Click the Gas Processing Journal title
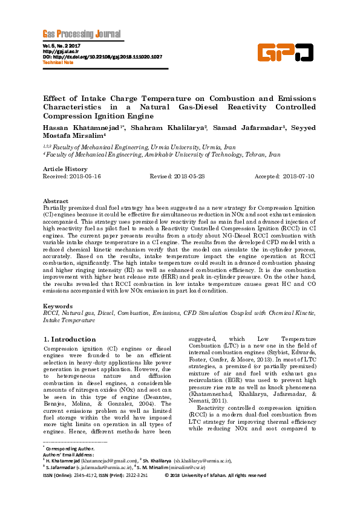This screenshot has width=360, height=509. (x=81, y=34)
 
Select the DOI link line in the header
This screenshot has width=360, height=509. (x=102, y=57)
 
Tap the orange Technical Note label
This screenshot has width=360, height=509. (x=57, y=62)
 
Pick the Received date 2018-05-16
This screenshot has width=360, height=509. (x=71, y=175)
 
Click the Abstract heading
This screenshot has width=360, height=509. (x=56, y=200)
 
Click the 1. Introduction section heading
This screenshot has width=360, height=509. (x=70, y=340)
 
